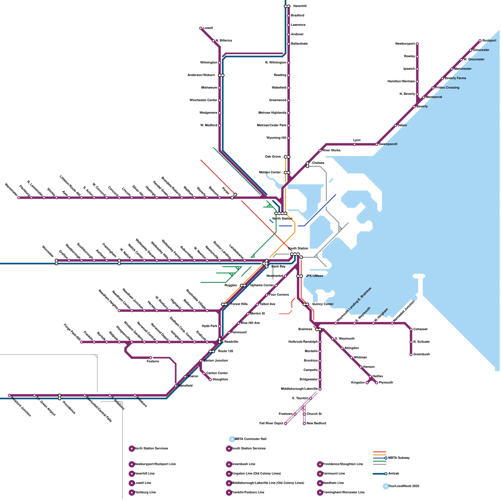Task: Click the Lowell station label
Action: coord(208,28)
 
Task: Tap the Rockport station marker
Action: coord(480,41)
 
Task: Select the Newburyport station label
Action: coord(405,44)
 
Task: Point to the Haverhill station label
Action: coord(300,6)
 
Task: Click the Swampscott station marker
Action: coord(376,144)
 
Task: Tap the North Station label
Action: coord(282,219)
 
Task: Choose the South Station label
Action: coord(298,248)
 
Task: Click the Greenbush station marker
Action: coord(411,355)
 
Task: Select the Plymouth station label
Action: coord(386,383)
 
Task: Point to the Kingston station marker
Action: coord(367,383)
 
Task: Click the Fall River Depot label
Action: coord(271,424)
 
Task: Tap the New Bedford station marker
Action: coord(304,424)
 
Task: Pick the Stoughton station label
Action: coord(220,380)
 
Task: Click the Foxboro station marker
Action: coord(151,358)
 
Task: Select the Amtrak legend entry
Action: coord(393,474)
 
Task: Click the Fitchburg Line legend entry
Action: coord(145,493)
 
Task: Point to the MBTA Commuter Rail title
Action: coord(250,439)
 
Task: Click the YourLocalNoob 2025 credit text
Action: coord(403,486)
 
